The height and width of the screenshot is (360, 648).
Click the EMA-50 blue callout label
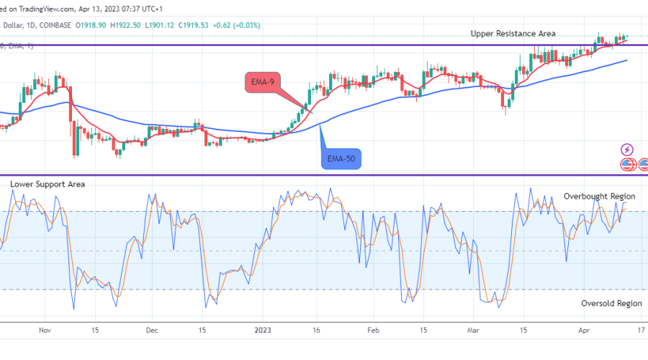[x=341, y=156]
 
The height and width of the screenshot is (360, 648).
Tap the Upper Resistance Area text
[x=513, y=34]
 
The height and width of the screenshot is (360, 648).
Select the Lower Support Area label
[x=48, y=184]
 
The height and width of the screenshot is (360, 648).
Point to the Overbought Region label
[x=599, y=196]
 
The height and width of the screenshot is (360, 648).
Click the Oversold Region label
[x=611, y=303]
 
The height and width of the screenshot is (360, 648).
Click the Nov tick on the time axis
[x=45, y=330]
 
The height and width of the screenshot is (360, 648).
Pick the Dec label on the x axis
[x=152, y=330]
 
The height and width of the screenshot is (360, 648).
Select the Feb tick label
[x=372, y=330]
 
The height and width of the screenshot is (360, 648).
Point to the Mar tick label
[x=472, y=330]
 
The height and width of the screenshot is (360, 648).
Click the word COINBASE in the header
[x=57, y=24]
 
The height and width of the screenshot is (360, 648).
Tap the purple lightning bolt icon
[x=627, y=150]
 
